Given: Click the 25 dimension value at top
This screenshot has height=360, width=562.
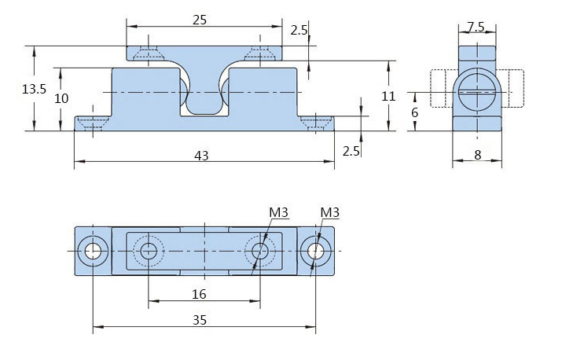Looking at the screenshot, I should click(200, 20).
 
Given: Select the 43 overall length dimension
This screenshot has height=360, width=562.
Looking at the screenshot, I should click(201, 156).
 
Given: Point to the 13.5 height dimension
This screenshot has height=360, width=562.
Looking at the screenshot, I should click(35, 89).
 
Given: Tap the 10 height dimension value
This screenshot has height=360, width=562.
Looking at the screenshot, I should click(62, 97).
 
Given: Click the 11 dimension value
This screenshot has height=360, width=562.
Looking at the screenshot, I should click(387, 96).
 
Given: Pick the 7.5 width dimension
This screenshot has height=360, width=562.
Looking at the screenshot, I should click(476, 26).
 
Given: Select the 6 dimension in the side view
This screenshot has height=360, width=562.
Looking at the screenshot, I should click(415, 112).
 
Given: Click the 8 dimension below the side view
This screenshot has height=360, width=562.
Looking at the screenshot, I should click(478, 155).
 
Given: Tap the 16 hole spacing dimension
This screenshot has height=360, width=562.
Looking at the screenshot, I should click(199, 293).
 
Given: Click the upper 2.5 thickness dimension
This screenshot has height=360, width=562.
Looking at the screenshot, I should click(299, 30).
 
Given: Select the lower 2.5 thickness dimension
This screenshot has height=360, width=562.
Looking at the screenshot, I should click(351, 151).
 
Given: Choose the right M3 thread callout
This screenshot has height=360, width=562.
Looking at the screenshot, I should click(329, 213).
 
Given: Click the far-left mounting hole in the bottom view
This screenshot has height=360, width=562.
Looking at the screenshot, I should click(94, 251).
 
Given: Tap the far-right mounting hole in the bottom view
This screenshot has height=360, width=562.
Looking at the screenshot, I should click(315, 251).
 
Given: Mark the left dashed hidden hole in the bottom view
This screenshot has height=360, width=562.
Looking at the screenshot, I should click(149, 251).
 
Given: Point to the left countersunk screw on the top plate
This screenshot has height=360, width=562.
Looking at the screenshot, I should click(147, 53).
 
